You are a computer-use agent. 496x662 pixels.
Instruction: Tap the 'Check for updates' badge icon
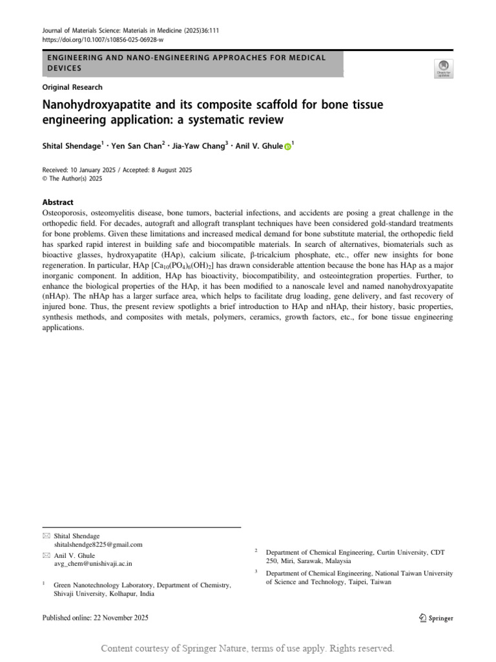coord(444,68)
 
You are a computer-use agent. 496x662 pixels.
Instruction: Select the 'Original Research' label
coord(72,87)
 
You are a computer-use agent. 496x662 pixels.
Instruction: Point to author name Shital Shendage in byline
coord(70,146)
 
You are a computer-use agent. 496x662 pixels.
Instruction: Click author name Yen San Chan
coord(136,146)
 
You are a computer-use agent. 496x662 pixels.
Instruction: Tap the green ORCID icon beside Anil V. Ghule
coord(287,147)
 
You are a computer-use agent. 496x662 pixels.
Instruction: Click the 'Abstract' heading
coord(58,202)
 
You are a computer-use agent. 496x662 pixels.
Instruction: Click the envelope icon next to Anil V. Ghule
coord(45,555)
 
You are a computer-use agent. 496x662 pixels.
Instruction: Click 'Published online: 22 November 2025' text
coord(95,618)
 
